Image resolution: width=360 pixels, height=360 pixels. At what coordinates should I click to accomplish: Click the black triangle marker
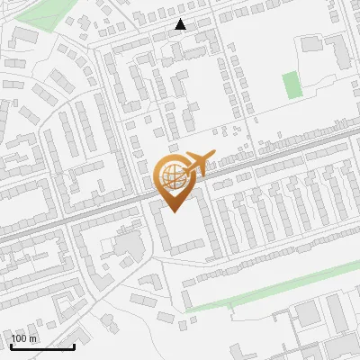coord(181,24)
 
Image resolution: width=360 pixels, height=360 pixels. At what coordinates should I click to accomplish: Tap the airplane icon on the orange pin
coord(195,163)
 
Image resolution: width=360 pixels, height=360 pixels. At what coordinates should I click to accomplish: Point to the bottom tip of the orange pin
coord(175,212)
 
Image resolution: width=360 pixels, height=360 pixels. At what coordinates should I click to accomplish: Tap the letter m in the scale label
coord(33,338)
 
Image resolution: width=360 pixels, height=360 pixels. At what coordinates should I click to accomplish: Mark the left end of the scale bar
coord(10,346)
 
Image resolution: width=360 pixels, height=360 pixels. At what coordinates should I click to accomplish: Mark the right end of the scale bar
coord(74,346)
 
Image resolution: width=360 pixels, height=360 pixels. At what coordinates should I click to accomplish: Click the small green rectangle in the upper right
coord(291,85)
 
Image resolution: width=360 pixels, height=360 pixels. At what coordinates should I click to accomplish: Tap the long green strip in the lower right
coord(270,292)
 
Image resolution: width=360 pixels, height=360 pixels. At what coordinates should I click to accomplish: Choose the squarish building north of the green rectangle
coord(312,42)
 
